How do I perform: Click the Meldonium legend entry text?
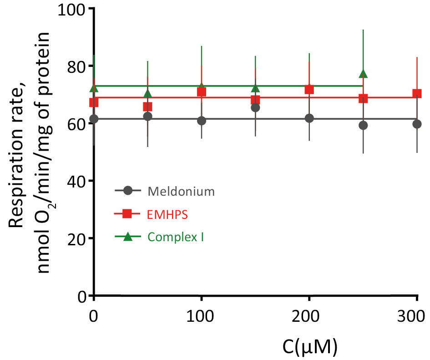[181, 191]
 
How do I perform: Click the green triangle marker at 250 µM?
[363, 73]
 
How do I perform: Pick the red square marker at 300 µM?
[417, 94]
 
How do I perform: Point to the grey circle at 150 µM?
[255, 107]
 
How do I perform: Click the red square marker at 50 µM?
[147, 106]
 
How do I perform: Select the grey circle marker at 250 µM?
[363, 125]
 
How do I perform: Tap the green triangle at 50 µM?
[147, 94]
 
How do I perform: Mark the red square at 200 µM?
[309, 89]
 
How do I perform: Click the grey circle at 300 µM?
[417, 124]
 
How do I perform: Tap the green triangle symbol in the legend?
[128, 236]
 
